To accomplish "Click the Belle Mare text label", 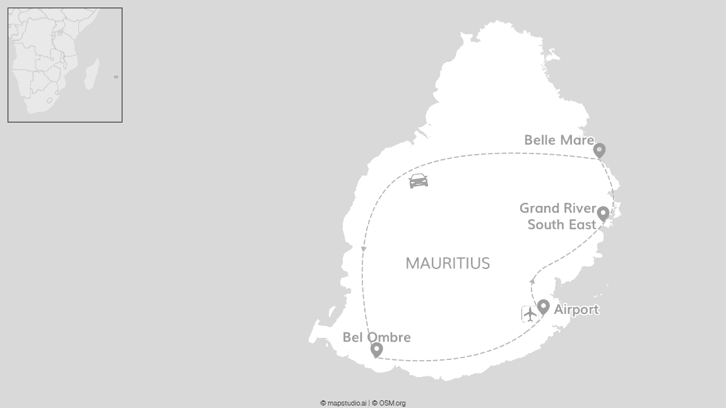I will coord(559,140).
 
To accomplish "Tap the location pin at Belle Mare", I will coord(599,150).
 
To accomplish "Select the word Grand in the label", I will coord(540,208).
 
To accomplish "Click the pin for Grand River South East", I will coord(603,213).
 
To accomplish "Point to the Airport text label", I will coord(576,309).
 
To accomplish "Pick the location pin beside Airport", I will coord(544,307).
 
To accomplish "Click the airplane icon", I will coord(529,313).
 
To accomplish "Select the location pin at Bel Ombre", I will coord(376,349).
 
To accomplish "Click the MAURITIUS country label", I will coord(448,263).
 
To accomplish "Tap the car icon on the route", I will coord(419,181).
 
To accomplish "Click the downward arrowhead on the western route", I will coord(364,249).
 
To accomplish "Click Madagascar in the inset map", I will coord(92,74).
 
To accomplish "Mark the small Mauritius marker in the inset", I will coord(116,77).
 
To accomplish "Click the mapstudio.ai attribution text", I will coord(343,403).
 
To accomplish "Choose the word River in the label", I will coord(580,208).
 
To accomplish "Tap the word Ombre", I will coord(390,337).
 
